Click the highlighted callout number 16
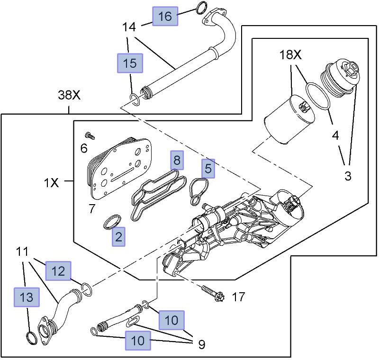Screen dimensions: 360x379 [165, 17]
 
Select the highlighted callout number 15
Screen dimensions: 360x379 [130, 63]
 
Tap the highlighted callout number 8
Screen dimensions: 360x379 [177, 160]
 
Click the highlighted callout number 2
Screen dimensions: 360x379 [118, 237]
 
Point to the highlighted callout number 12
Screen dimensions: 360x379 [58, 271]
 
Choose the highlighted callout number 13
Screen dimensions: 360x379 [27, 297]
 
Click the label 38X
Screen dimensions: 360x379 [70, 95]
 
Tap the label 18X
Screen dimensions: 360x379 [290, 55]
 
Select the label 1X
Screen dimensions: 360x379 [52, 182]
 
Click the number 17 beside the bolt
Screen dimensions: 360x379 [238, 297]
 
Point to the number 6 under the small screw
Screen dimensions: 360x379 [83, 148]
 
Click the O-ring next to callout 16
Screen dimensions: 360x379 [200, 8]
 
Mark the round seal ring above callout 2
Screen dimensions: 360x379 [113, 221]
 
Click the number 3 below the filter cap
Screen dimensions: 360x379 [348, 176]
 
